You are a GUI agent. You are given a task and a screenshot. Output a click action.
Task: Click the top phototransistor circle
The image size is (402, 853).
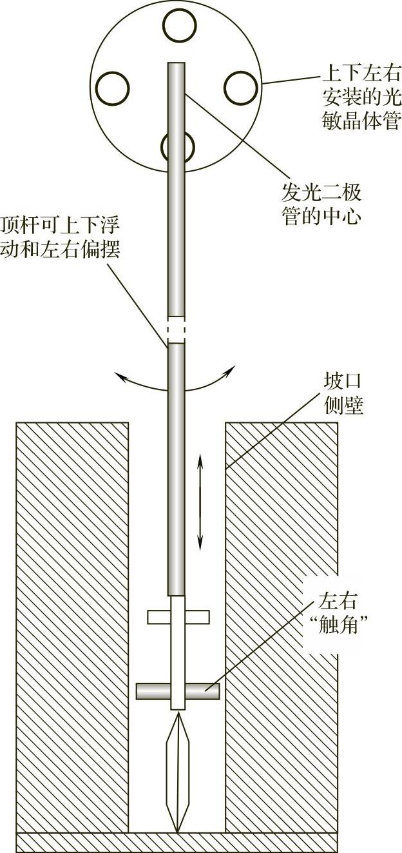[179, 25]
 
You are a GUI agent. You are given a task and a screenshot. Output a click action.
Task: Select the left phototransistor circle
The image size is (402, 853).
[112, 86]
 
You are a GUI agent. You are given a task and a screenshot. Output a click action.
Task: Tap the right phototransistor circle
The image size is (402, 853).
[241, 86]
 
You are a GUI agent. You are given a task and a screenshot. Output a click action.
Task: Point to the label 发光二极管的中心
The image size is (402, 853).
[321, 202]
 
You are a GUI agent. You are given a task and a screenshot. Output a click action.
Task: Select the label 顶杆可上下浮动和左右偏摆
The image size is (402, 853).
[61, 237]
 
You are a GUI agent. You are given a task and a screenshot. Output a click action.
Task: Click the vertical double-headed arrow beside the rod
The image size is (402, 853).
[200, 502]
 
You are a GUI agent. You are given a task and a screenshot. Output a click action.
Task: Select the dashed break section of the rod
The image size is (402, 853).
[177, 329]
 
